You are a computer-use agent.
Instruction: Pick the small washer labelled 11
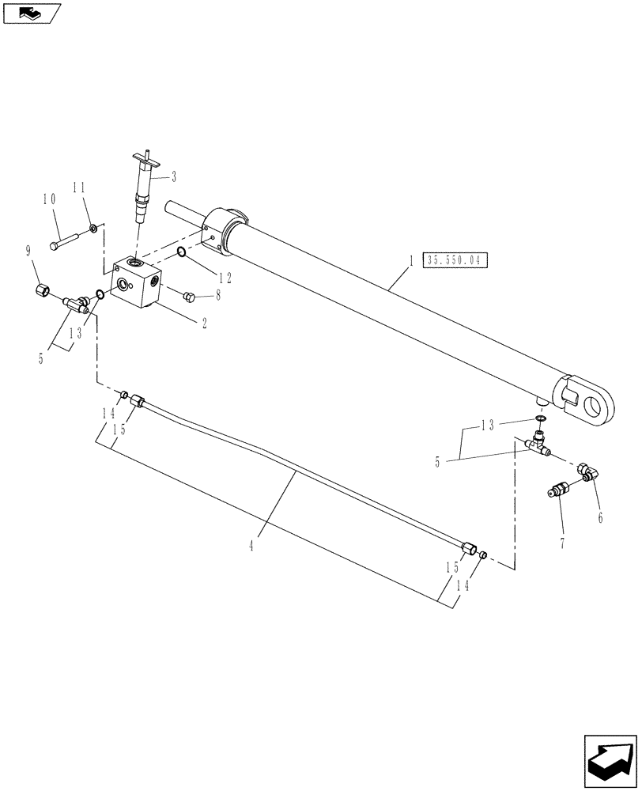click(x=94, y=229)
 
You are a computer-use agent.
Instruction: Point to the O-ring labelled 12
click(x=181, y=252)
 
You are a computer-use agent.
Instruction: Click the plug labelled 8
click(x=188, y=297)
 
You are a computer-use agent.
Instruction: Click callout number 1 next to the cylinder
click(x=410, y=259)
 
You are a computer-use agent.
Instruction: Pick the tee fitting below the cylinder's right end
click(x=540, y=445)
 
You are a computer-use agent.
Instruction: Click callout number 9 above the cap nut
click(x=28, y=252)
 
